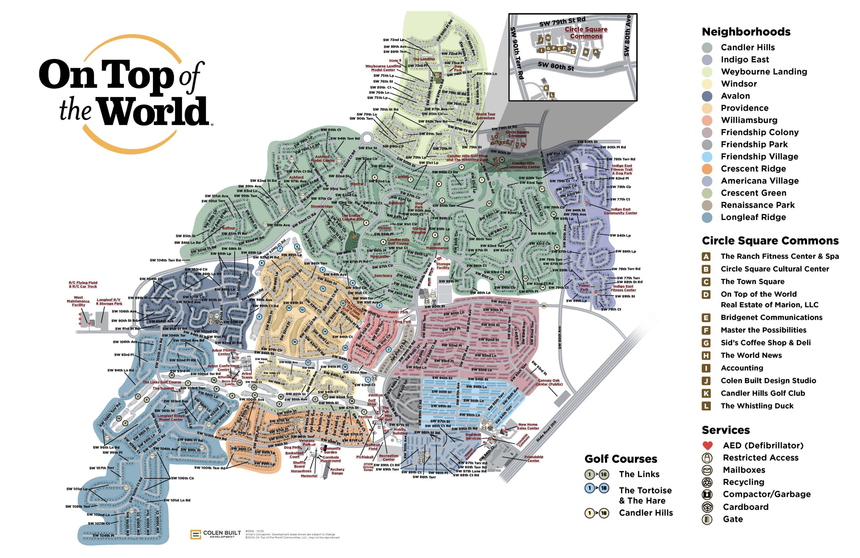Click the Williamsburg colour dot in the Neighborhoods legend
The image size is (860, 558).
click(707, 120)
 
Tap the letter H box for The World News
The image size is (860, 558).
click(706, 356)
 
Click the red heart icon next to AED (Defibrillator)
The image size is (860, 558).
click(707, 445)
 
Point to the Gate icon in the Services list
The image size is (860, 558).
click(707, 519)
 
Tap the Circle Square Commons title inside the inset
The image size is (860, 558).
click(586, 33)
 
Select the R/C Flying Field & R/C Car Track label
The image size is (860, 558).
click(83, 284)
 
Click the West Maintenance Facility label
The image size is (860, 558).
click(78, 301)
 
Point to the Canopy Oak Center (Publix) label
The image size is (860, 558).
click(549, 382)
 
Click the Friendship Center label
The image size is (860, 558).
click(533, 458)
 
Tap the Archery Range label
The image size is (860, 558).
click(337, 471)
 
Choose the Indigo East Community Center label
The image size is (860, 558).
click(620, 211)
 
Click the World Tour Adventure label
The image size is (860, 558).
click(485, 116)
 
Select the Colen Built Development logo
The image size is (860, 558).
click(216, 534)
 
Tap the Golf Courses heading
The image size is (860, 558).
click(620, 459)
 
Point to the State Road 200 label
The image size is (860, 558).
click(546, 431)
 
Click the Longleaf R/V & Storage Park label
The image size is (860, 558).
click(109, 301)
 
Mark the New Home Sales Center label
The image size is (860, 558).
click(527, 426)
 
